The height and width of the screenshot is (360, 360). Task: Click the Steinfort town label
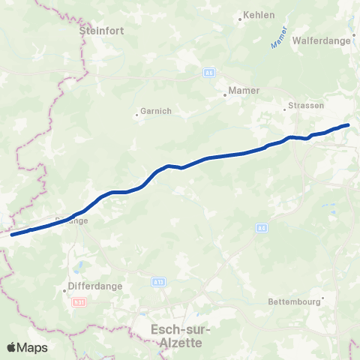(101, 31)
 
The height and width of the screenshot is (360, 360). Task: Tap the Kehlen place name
(260, 14)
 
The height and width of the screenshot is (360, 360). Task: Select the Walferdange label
(322, 40)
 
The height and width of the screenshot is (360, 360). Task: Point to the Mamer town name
(244, 90)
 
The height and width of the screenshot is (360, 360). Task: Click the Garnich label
(156, 111)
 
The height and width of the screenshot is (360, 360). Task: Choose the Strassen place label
(306, 106)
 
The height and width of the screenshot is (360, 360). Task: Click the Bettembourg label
(295, 303)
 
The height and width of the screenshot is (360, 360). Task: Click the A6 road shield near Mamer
(208, 72)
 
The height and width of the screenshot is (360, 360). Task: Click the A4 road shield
(261, 228)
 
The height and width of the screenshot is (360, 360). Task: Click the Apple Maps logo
(27, 347)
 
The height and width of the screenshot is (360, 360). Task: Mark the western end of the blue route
(11, 235)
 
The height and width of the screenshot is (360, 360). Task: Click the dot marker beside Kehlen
(240, 18)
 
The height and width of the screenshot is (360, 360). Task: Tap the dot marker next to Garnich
(136, 115)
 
